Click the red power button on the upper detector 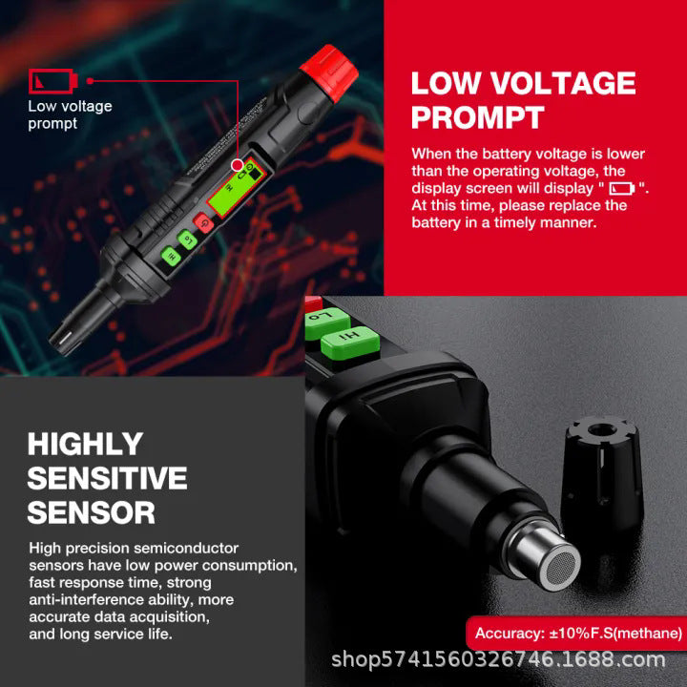coord(204,223)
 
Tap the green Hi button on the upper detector coord(171,256)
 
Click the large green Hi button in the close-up coord(350,342)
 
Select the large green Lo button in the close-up coord(326,323)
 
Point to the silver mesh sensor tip coord(562,569)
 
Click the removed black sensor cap coord(601,472)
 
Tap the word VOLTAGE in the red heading coord(563,82)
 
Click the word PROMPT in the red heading coord(478,117)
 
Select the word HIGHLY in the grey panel coord(86,444)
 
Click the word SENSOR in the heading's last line coord(92,511)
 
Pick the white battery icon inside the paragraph coord(622,188)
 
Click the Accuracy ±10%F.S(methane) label coord(578,634)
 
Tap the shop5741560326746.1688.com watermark coord(498,658)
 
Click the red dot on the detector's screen coord(238,165)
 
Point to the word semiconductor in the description coord(186,548)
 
